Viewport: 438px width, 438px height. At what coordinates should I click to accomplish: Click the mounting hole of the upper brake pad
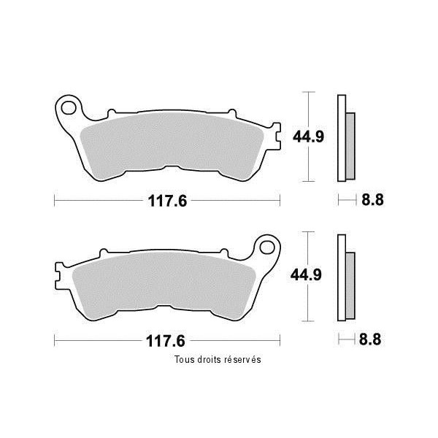(x=69, y=108)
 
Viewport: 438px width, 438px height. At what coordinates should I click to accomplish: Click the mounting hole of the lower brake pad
(x=267, y=247)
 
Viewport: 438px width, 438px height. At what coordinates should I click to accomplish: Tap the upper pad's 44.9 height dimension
(x=308, y=137)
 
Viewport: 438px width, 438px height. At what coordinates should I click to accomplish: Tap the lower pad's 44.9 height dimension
(x=306, y=275)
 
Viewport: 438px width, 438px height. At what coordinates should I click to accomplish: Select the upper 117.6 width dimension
(x=167, y=201)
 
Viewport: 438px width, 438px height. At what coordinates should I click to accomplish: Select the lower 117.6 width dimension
(x=166, y=341)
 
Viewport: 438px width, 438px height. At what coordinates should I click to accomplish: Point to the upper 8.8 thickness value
(x=372, y=200)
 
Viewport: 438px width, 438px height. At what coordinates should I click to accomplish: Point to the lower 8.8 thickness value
(x=370, y=339)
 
